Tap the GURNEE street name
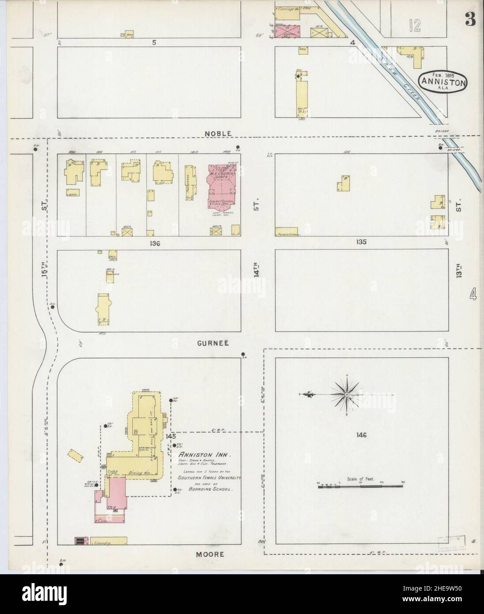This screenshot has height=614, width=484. coord(214,343)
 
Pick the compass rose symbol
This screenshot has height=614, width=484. coord(349,393)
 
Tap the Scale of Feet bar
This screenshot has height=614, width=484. coord(360,485)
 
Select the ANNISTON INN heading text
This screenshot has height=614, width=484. coord(203,455)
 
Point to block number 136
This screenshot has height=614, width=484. coord(154,243)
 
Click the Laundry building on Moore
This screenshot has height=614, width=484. coord(108,541)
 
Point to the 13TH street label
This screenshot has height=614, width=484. coord(459,269)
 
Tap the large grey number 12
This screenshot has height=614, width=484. coord(415,26)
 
